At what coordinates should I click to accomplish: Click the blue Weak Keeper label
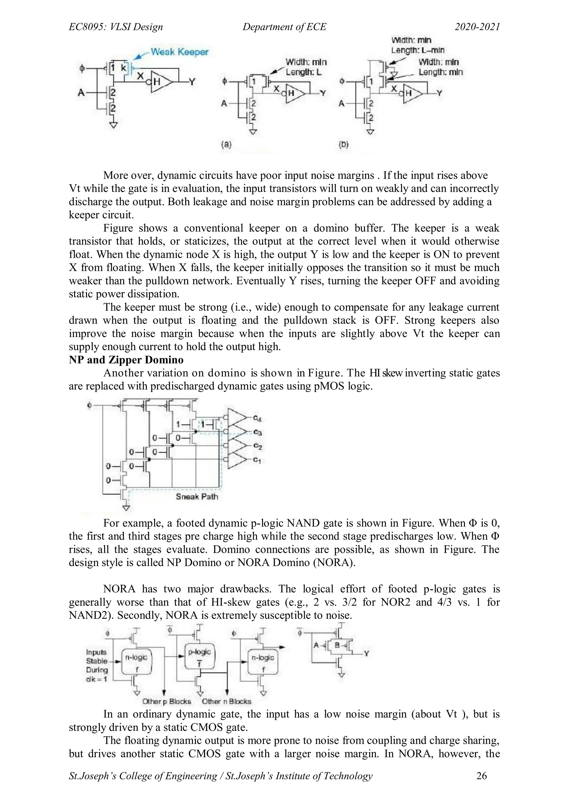coord(179,52)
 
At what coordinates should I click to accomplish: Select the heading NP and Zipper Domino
coord(126,360)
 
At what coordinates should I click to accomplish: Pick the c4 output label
coord(258,418)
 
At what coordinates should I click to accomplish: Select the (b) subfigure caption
coord(344,144)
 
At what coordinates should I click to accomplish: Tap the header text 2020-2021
coord(477,27)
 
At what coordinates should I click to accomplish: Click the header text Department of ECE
coord(284,27)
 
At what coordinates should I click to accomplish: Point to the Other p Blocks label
coord(167,701)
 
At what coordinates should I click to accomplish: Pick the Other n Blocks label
coord(227,701)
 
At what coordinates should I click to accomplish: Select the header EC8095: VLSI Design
coord(116,27)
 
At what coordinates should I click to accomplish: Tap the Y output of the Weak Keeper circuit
coord(192,82)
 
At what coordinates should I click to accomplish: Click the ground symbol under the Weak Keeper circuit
coord(113,125)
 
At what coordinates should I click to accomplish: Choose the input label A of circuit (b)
coord(341,104)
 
